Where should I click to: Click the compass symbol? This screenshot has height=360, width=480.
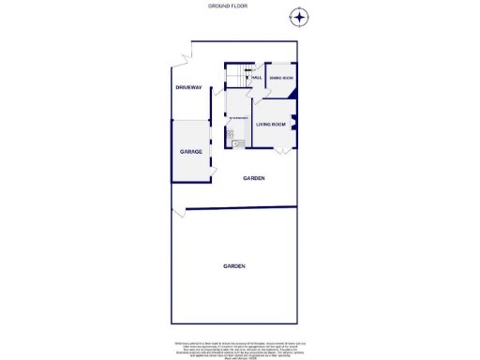pos(298,17)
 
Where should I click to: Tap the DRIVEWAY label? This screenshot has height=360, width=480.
pos(188,87)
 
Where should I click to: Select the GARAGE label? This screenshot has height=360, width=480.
pos(191,151)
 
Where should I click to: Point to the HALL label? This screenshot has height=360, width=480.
pos(255,78)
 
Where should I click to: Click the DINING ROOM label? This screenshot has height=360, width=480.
pos(281,78)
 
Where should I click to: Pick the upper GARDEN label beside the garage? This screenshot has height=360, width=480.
pos(254,178)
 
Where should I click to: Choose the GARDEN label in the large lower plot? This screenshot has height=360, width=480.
pos(234,266)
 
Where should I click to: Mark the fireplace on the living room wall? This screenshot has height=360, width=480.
pos(294,122)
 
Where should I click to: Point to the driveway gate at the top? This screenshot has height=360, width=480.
pos(182,58)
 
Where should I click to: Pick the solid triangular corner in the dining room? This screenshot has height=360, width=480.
pos(292,93)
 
